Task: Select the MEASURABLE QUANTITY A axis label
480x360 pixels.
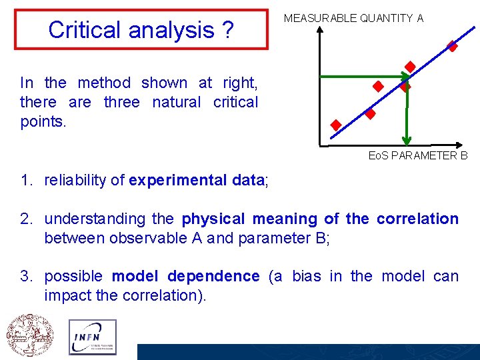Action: pos(353,19)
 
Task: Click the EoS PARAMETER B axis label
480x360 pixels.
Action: pos(418,155)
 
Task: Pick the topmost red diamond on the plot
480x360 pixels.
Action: pos(452,46)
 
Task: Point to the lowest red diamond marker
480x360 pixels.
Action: pos(336,125)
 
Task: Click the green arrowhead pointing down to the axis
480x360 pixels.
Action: pos(405,139)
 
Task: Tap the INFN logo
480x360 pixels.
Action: pos(92,336)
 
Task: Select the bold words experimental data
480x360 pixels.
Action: pos(197,180)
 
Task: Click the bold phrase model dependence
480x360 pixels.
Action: pos(185,276)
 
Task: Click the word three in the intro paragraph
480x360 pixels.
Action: pos(121,102)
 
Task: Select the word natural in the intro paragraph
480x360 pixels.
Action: pos(176,102)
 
